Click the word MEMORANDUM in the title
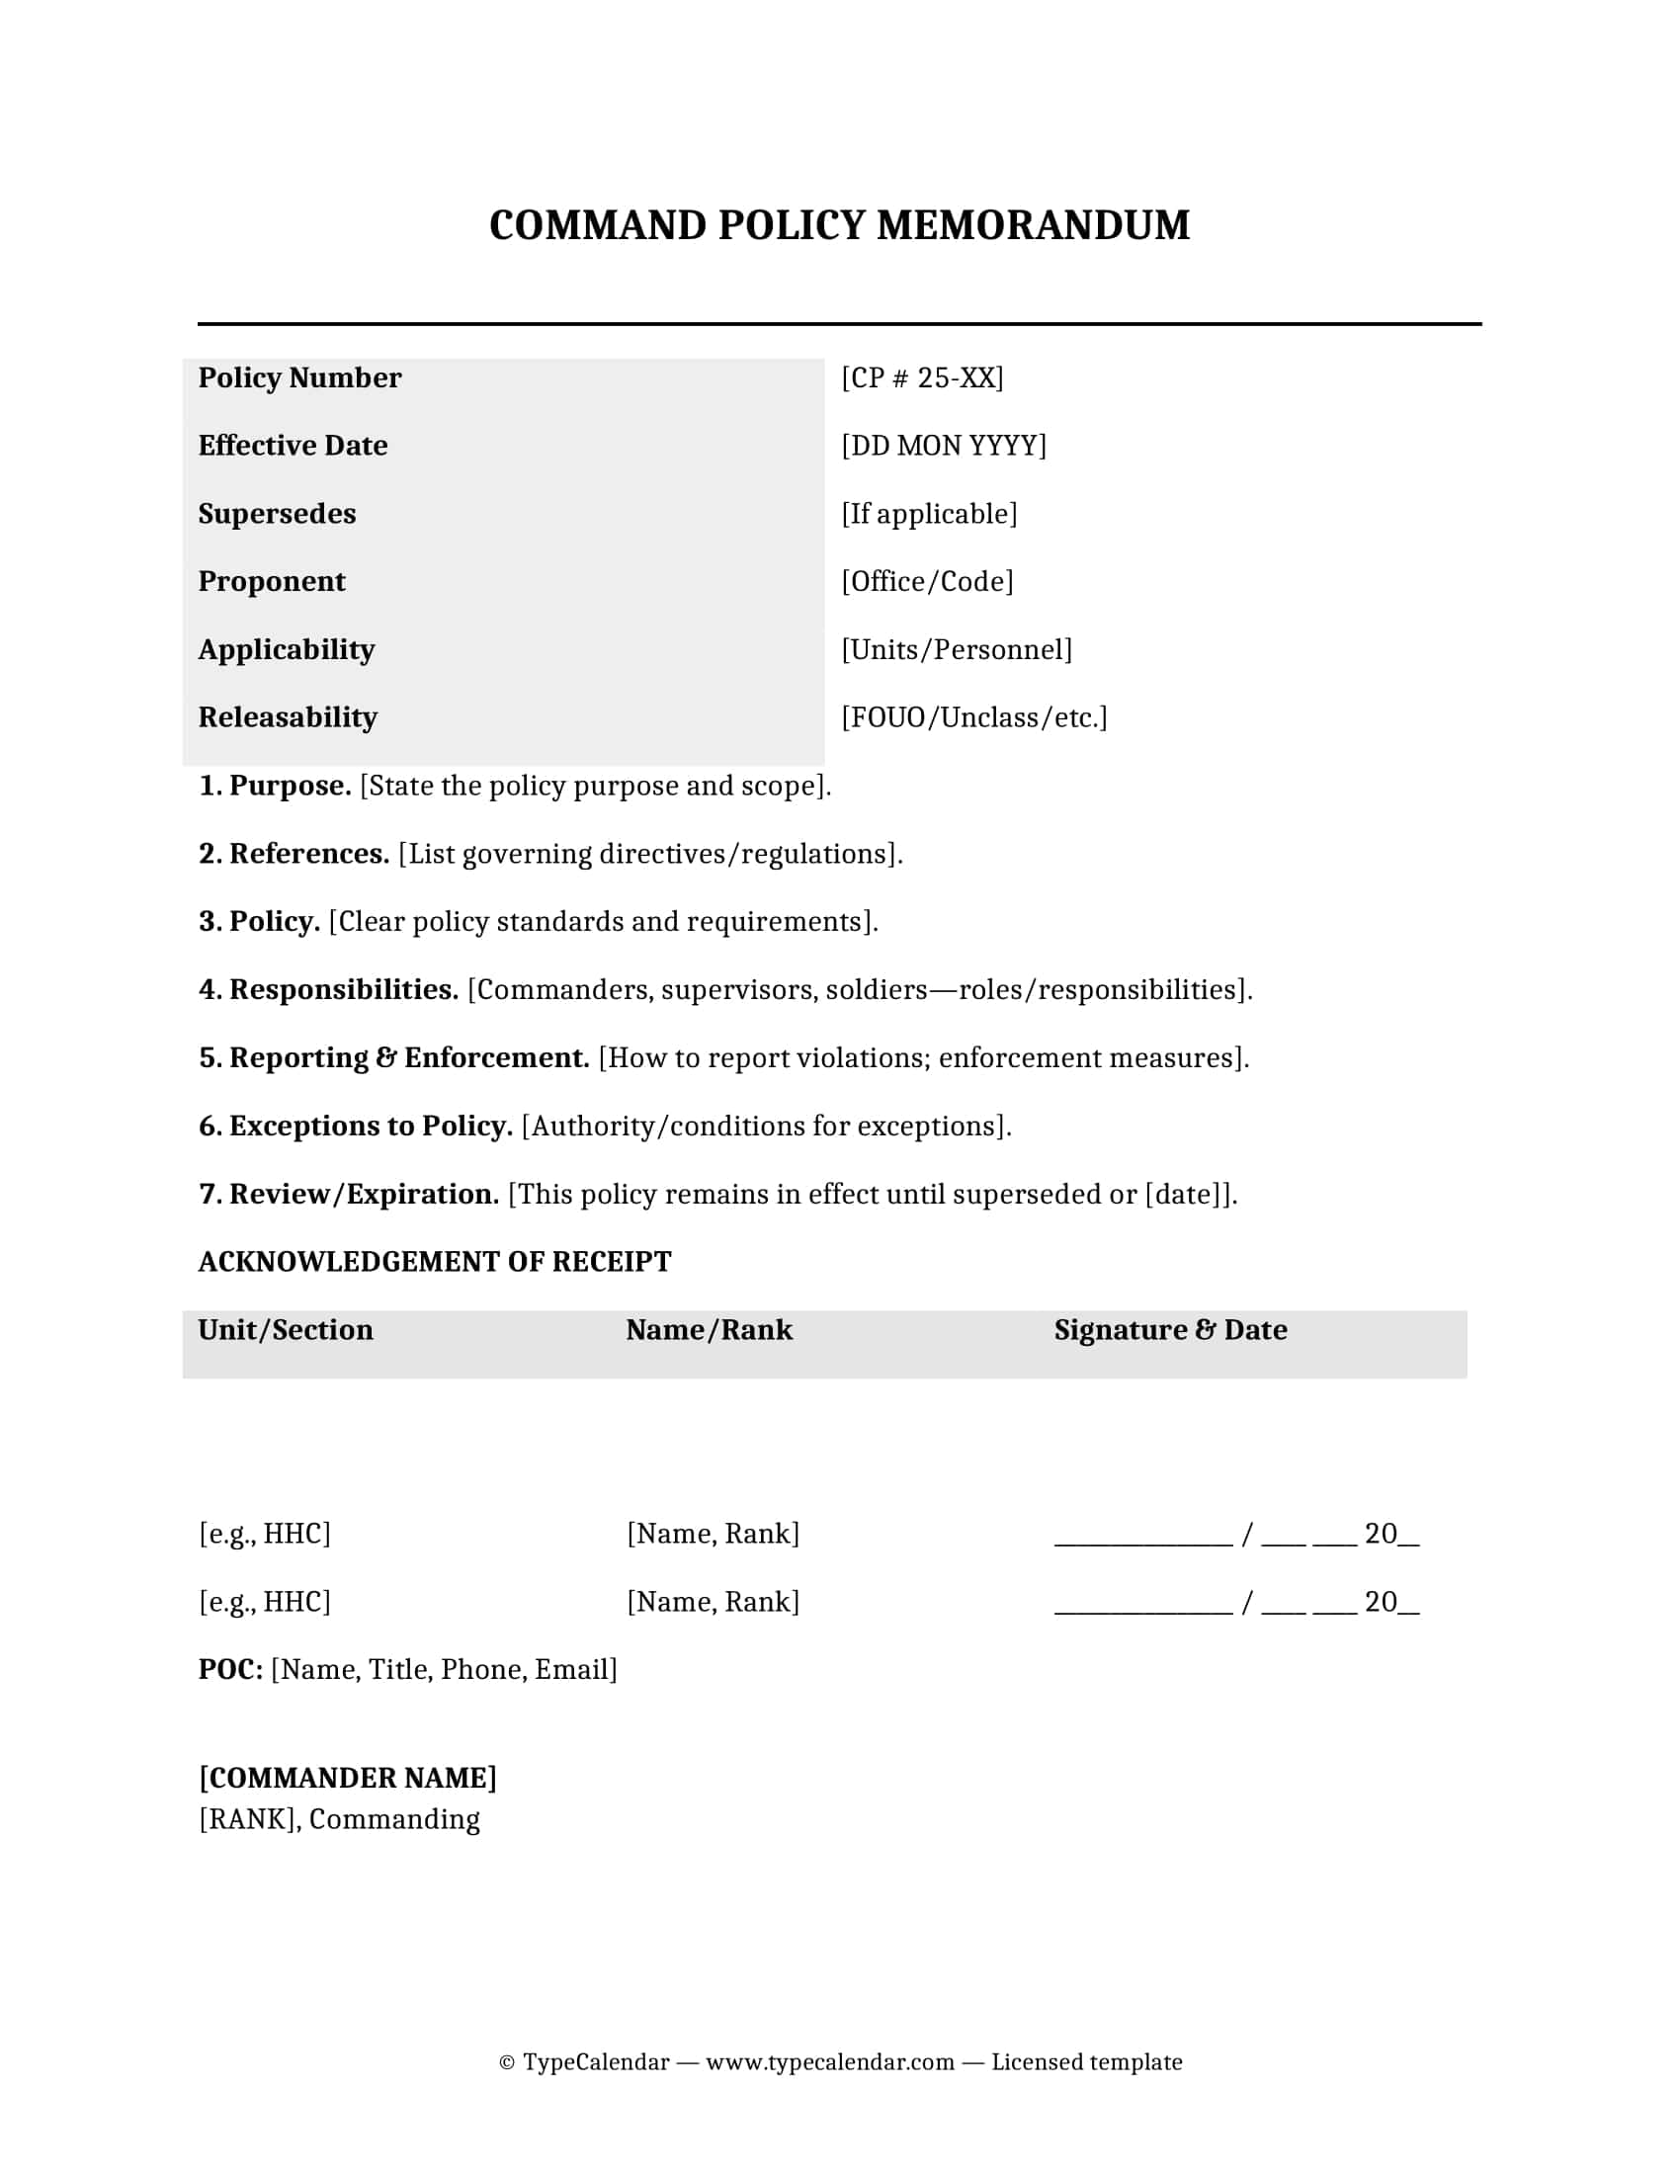[1032, 226]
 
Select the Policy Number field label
[299, 378]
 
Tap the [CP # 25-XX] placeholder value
[922, 378]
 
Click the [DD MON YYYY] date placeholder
[944, 446]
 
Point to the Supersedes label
[277, 514]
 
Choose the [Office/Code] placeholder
[927, 581]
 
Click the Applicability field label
[287, 650]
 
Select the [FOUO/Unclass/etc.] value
[973, 717]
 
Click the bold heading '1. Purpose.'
[275, 787]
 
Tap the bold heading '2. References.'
[294, 854]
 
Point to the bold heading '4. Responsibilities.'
[328, 990]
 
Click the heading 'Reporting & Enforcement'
[408, 1058]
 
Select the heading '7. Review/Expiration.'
[348, 1195]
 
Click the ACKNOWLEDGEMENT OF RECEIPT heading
[434, 1262]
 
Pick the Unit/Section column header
[286, 1331]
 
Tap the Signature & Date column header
[1170, 1331]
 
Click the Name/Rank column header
[709, 1331]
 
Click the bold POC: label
[230, 1670]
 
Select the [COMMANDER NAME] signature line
[347, 1779]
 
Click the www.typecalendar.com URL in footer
[830, 2062]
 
